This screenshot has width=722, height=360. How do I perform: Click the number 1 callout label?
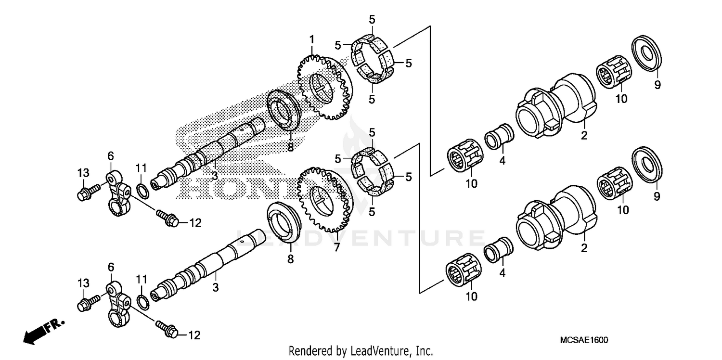312,39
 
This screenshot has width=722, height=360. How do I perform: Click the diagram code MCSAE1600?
584,340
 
